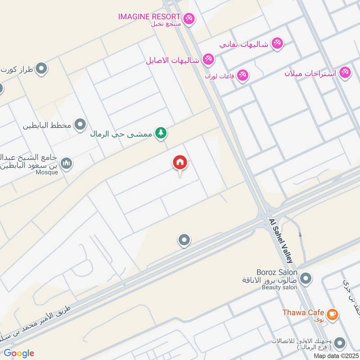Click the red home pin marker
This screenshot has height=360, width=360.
pyautogui.click(x=180, y=163)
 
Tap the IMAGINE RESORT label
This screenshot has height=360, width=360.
pyautogui.click(x=149, y=16)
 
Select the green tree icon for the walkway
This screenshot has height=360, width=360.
pyautogui.click(x=160, y=133)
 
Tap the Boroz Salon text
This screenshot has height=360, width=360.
pyautogui.click(x=277, y=272)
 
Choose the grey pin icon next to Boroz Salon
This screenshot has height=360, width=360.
pyautogui.click(x=306, y=279)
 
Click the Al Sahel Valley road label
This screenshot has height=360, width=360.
pyautogui.click(x=281, y=241)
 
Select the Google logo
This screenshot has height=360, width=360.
pyautogui.click(x=19, y=353)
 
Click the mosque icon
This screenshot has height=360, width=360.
pyautogui.click(x=66, y=163)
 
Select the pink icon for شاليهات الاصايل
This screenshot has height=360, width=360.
pyautogui.click(x=208, y=59)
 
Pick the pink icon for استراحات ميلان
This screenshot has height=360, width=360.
pyautogui.click(x=345, y=72)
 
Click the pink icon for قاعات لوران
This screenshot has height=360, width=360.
pyautogui.click(x=243, y=75)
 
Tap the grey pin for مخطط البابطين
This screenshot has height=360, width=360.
pyautogui.click(x=80, y=125)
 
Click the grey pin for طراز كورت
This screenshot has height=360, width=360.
pyautogui.click(x=41, y=69)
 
